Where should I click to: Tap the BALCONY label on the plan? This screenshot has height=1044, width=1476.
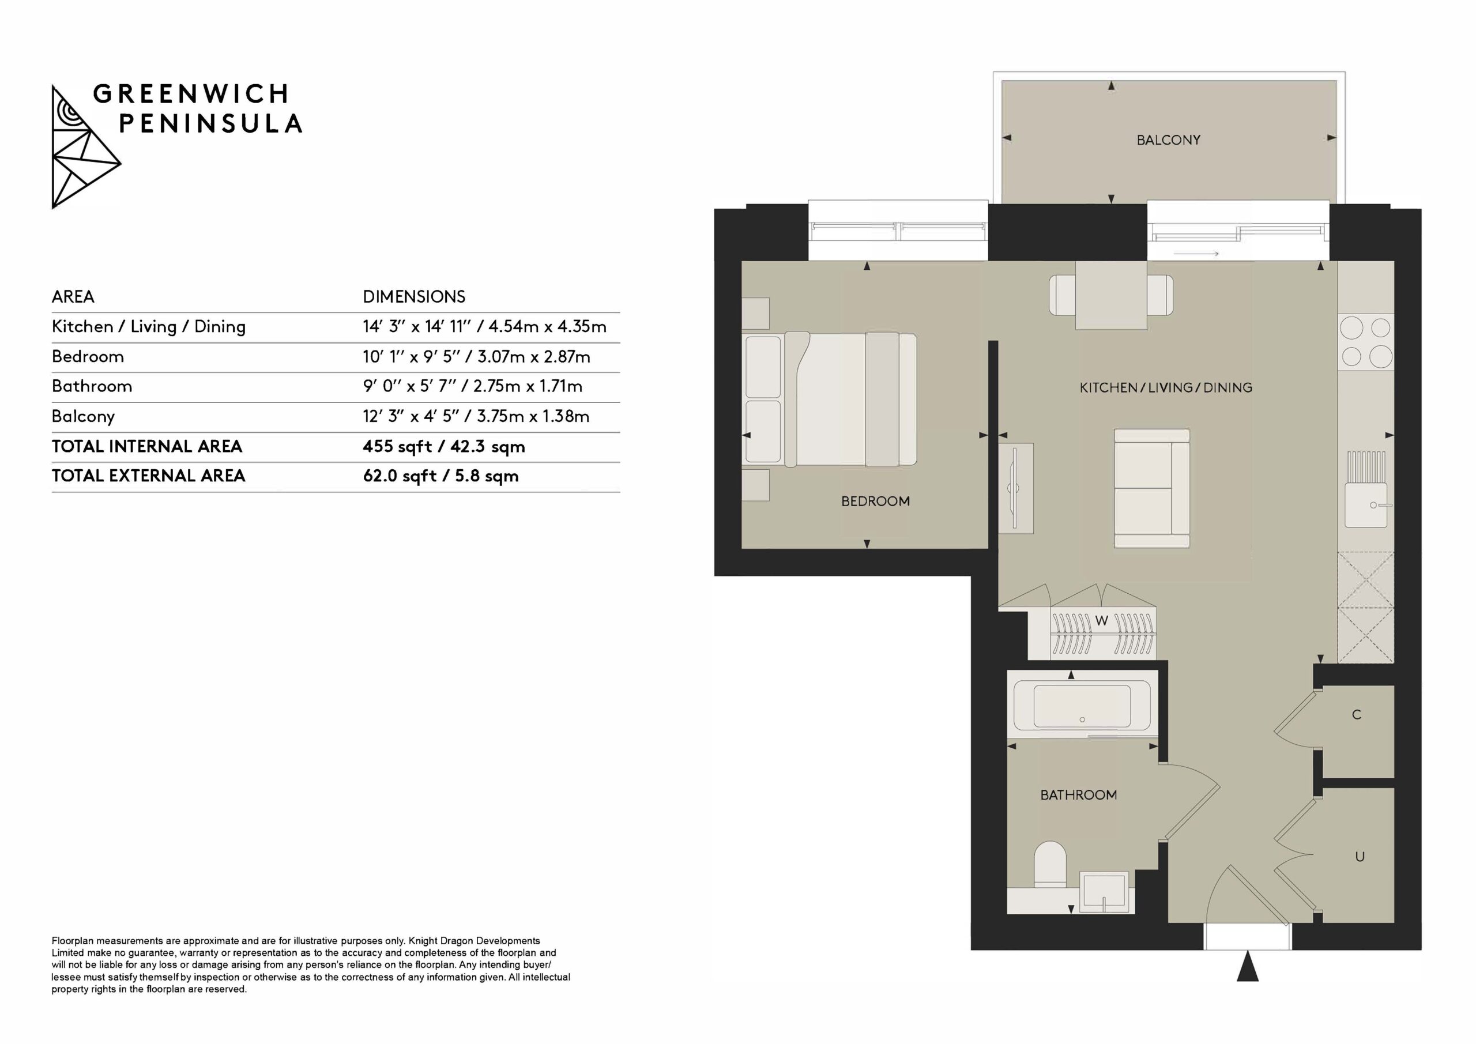pyautogui.click(x=1168, y=140)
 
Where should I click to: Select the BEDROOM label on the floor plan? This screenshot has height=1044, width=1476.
pyautogui.click(x=876, y=502)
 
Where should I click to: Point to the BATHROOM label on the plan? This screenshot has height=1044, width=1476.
pyautogui.click(x=1079, y=795)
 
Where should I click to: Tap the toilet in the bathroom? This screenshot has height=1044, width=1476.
pyautogui.click(x=1050, y=865)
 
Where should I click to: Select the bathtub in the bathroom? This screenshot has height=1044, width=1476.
pyautogui.click(x=1083, y=705)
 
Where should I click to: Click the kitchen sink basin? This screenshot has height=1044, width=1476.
pyautogui.click(x=1365, y=504)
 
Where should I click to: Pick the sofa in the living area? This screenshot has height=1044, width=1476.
pyautogui.click(x=1152, y=489)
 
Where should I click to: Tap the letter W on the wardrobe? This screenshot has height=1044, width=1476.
pyautogui.click(x=1102, y=621)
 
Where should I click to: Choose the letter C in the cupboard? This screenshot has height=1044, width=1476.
pyautogui.click(x=1357, y=715)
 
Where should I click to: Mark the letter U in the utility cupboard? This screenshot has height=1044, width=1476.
pyautogui.click(x=1360, y=857)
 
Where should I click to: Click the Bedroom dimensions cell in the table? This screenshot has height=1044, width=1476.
pyautogui.click(x=476, y=357)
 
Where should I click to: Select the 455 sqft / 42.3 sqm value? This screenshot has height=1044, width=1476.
pyautogui.click(x=443, y=447)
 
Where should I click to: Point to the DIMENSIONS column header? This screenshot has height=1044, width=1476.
pyautogui.click(x=414, y=297)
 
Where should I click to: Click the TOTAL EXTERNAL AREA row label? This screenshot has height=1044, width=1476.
pyautogui.click(x=149, y=476)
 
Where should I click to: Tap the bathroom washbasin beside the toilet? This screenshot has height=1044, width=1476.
pyautogui.click(x=1104, y=893)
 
